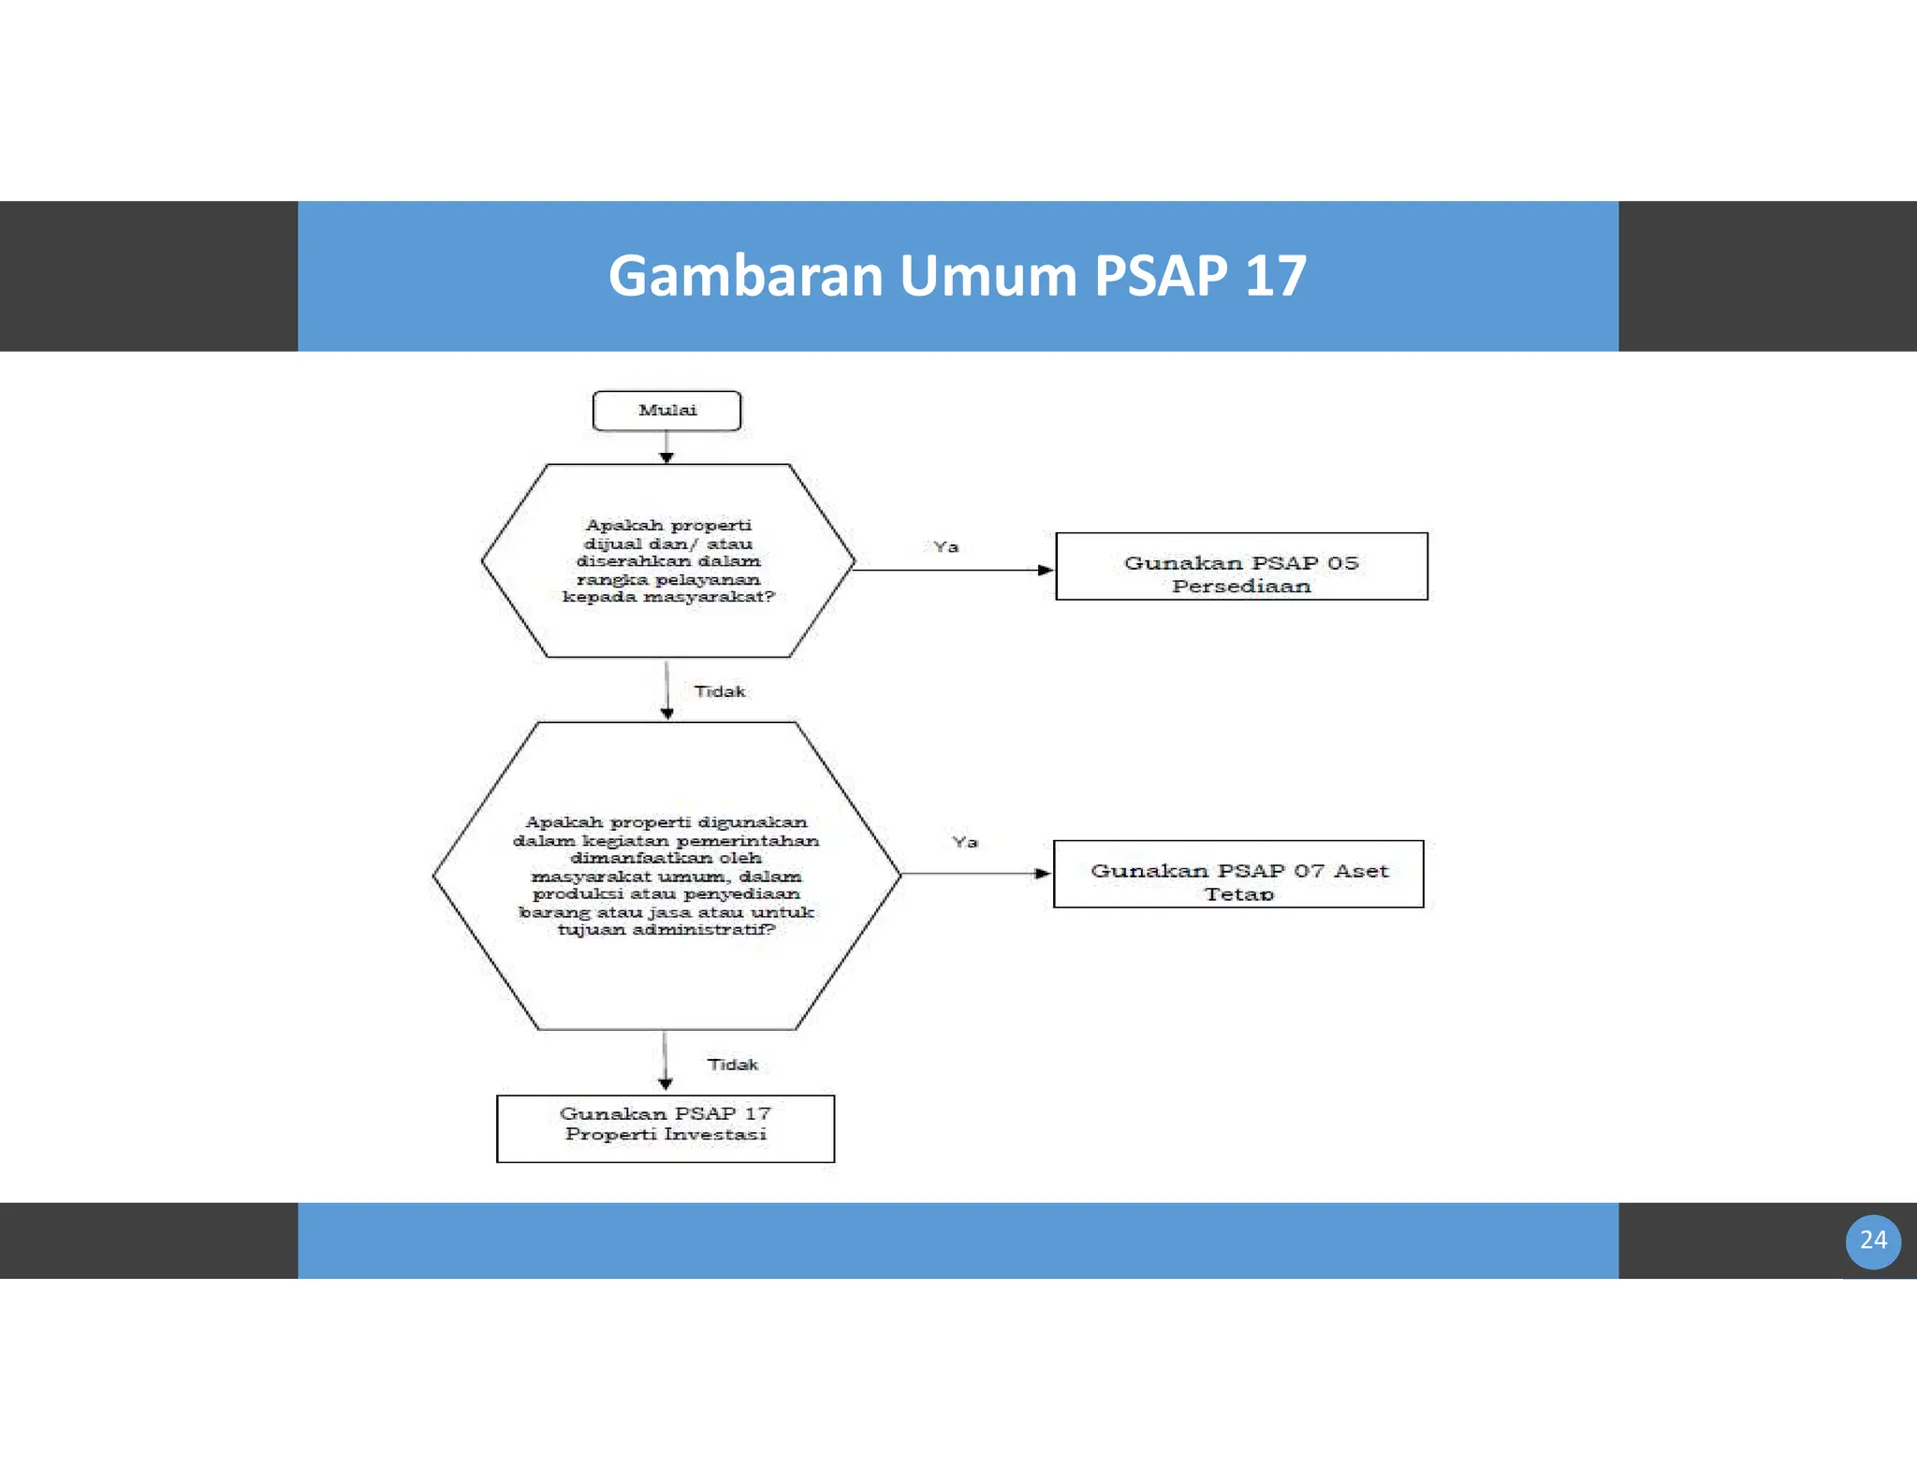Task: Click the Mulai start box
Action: pos(666,411)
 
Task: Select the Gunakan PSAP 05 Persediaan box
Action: pos(1241,566)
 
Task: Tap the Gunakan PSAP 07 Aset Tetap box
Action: pos(1238,874)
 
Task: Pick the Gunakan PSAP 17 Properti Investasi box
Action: pos(666,1128)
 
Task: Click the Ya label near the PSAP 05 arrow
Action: pos(945,547)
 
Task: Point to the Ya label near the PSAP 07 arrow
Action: pos(965,842)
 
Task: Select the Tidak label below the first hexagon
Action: pos(720,691)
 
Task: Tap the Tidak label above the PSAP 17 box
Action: pos(732,1065)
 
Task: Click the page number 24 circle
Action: pos(1872,1241)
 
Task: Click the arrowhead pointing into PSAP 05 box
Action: pos(1046,570)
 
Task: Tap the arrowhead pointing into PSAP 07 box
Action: pos(1044,874)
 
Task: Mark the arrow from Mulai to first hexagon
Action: pos(666,447)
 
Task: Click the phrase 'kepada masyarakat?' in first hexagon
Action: pos(668,597)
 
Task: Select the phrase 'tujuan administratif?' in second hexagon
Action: pos(666,930)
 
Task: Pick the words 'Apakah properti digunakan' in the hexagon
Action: pos(666,822)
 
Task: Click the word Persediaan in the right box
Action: pos(1241,587)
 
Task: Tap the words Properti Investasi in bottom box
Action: pos(666,1135)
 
